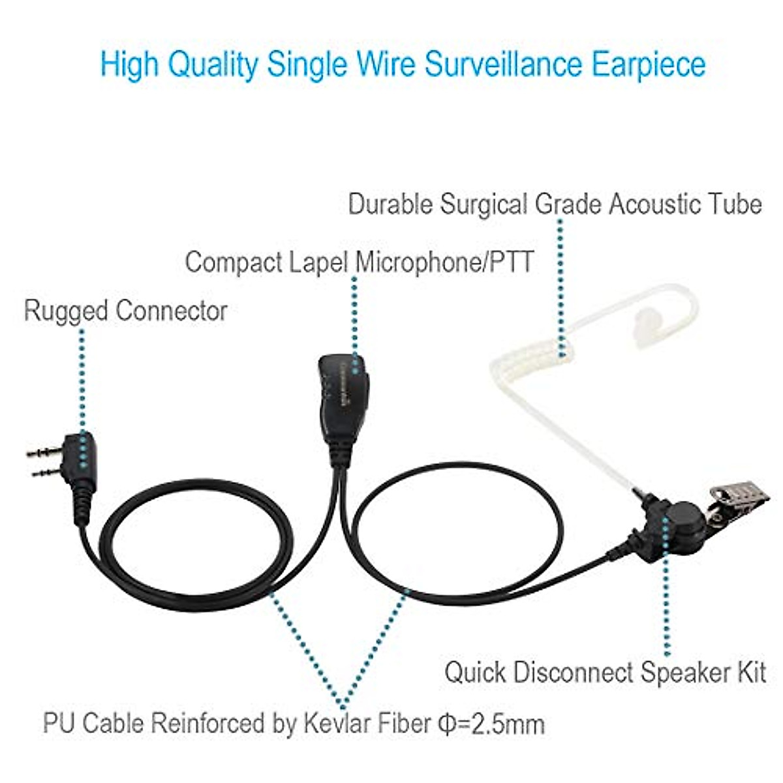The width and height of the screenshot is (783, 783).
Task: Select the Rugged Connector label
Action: (x=125, y=311)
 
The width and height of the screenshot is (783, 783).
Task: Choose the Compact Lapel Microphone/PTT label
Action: (x=359, y=262)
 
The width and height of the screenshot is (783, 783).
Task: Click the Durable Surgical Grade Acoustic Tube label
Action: (x=555, y=204)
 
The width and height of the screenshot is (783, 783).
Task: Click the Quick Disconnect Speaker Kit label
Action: (x=605, y=672)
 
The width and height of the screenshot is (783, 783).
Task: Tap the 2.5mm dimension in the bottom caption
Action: (x=503, y=724)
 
